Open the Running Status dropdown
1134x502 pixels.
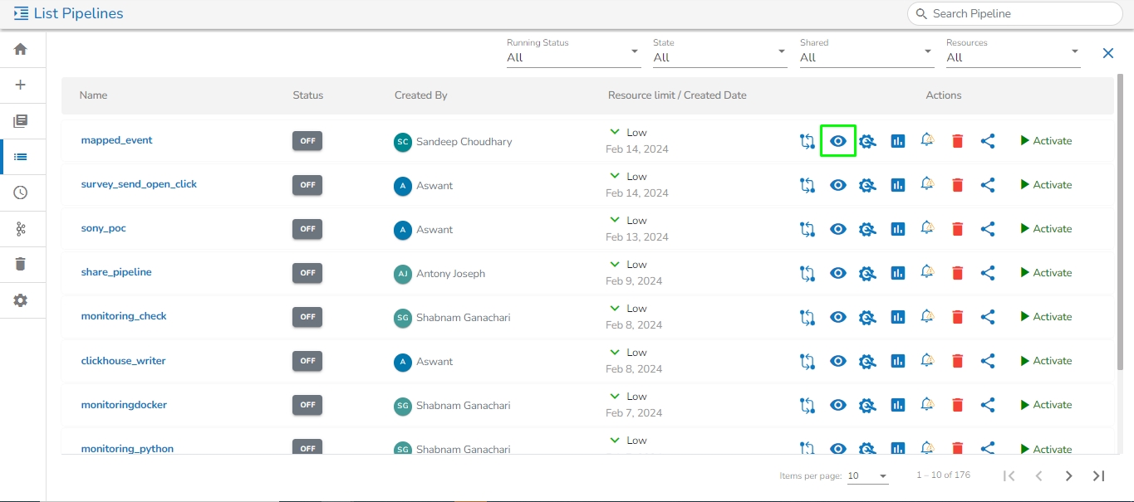tap(573, 57)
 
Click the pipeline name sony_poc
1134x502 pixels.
tap(104, 228)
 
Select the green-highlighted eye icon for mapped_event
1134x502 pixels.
tap(838, 141)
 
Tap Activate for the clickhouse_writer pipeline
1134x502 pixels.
tap(1046, 361)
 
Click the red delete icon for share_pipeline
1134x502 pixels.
tap(957, 273)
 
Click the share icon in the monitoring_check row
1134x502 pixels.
tap(988, 317)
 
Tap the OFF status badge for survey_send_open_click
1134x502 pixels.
tap(307, 185)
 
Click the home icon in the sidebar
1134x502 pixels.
tap(21, 49)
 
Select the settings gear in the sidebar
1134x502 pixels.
tap(21, 300)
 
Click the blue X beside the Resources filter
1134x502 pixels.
tap(1107, 53)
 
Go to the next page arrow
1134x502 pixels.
tap(1069, 475)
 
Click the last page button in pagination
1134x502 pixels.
tap(1098, 475)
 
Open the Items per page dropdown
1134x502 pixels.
tap(867, 476)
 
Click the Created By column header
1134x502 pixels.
tap(421, 95)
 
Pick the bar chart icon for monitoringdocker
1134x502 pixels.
tap(897, 405)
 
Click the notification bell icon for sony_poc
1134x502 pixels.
tap(927, 228)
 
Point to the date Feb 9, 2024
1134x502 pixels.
tap(634, 280)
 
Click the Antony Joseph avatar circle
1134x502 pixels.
tap(403, 274)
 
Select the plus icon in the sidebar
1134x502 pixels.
tap(21, 85)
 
